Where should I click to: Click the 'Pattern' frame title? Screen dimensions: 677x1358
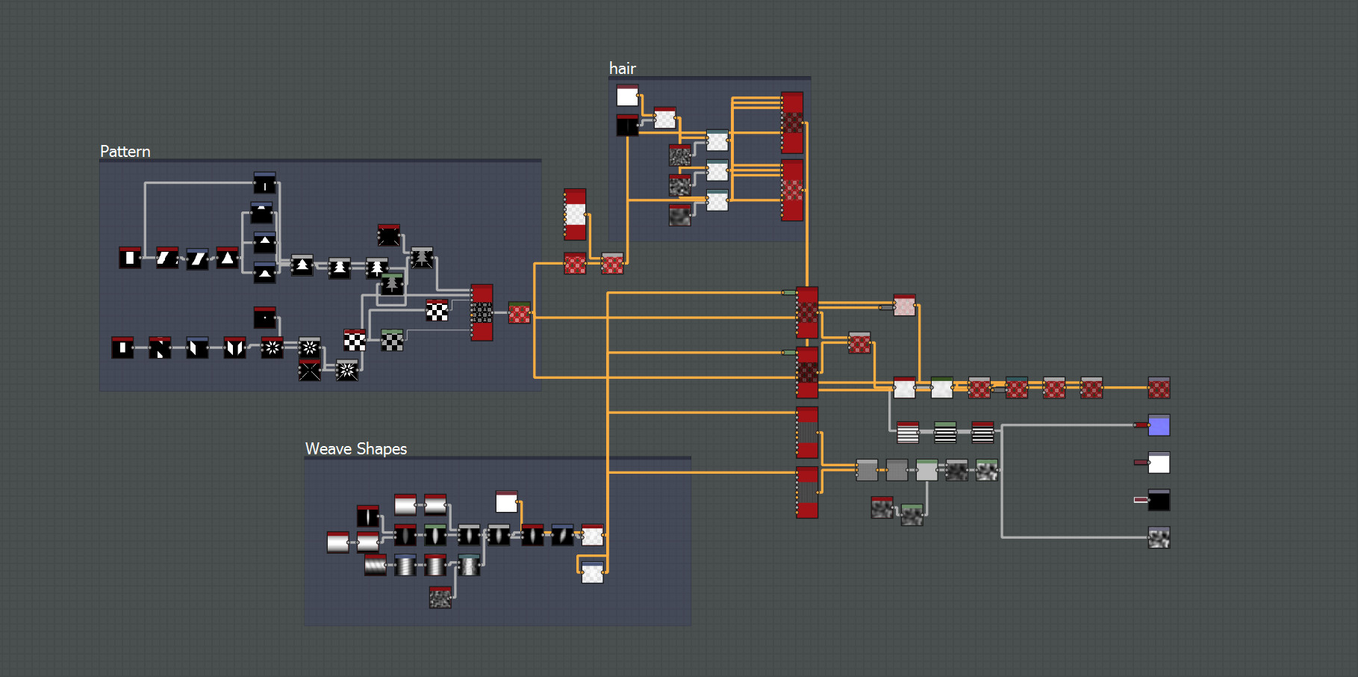pos(125,152)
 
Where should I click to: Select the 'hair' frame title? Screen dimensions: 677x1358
pos(623,69)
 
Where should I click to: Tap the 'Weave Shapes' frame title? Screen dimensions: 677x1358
pos(356,449)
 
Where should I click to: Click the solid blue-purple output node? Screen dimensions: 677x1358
pos(1159,425)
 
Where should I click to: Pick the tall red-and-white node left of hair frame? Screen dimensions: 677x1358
pos(575,214)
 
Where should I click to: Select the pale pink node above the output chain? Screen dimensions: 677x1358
pos(904,305)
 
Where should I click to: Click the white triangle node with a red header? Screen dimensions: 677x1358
pos(228,258)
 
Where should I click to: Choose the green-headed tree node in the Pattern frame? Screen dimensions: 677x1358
pos(392,283)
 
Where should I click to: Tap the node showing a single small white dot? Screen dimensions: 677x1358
pos(265,318)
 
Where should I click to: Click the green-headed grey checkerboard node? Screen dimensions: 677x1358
pos(392,340)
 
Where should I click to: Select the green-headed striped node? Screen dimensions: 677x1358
pos(945,433)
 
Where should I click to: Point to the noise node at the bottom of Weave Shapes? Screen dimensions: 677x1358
pos(440,597)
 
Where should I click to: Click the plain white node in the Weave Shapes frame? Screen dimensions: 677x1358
pos(506,501)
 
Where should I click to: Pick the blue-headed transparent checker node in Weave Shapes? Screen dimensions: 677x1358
pos(592,572)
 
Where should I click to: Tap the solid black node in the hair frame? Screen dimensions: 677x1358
pos(627,126)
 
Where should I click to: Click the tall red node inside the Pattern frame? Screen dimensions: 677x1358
pos(482,312)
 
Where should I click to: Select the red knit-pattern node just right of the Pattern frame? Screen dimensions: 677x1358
pos(520,312)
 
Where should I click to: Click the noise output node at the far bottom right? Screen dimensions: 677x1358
pos(1159,537)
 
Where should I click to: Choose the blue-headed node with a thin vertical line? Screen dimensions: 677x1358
pos(265,183)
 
